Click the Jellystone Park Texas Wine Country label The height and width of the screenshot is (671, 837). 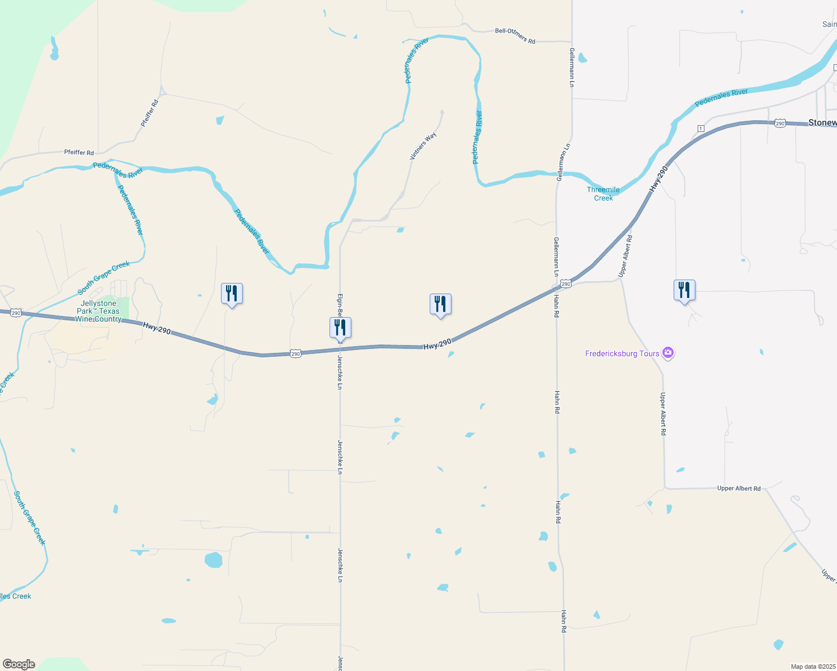98,311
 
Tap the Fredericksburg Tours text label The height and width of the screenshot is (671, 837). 622,353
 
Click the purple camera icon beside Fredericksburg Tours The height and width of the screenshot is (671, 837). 667,353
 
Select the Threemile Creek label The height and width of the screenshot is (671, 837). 603,193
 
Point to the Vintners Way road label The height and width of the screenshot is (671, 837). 423,146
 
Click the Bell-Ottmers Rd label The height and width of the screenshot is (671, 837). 515,36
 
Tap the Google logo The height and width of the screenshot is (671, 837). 19,664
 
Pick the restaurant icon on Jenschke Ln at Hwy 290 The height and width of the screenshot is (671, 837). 340,328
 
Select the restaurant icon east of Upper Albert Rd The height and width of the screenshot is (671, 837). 684,290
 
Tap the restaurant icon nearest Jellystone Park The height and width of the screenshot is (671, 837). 232,294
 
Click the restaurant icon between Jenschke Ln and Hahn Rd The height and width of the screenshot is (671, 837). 440,304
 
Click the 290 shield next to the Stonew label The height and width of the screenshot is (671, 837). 780,123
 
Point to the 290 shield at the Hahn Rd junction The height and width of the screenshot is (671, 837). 566,284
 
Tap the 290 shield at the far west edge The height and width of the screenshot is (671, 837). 16,313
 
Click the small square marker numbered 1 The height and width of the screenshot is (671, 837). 700,129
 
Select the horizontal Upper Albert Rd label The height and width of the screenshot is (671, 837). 739,488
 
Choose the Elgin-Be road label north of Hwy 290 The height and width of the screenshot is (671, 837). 340,305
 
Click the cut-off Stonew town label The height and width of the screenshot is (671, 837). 822,122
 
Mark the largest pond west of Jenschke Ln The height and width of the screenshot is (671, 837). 213,560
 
